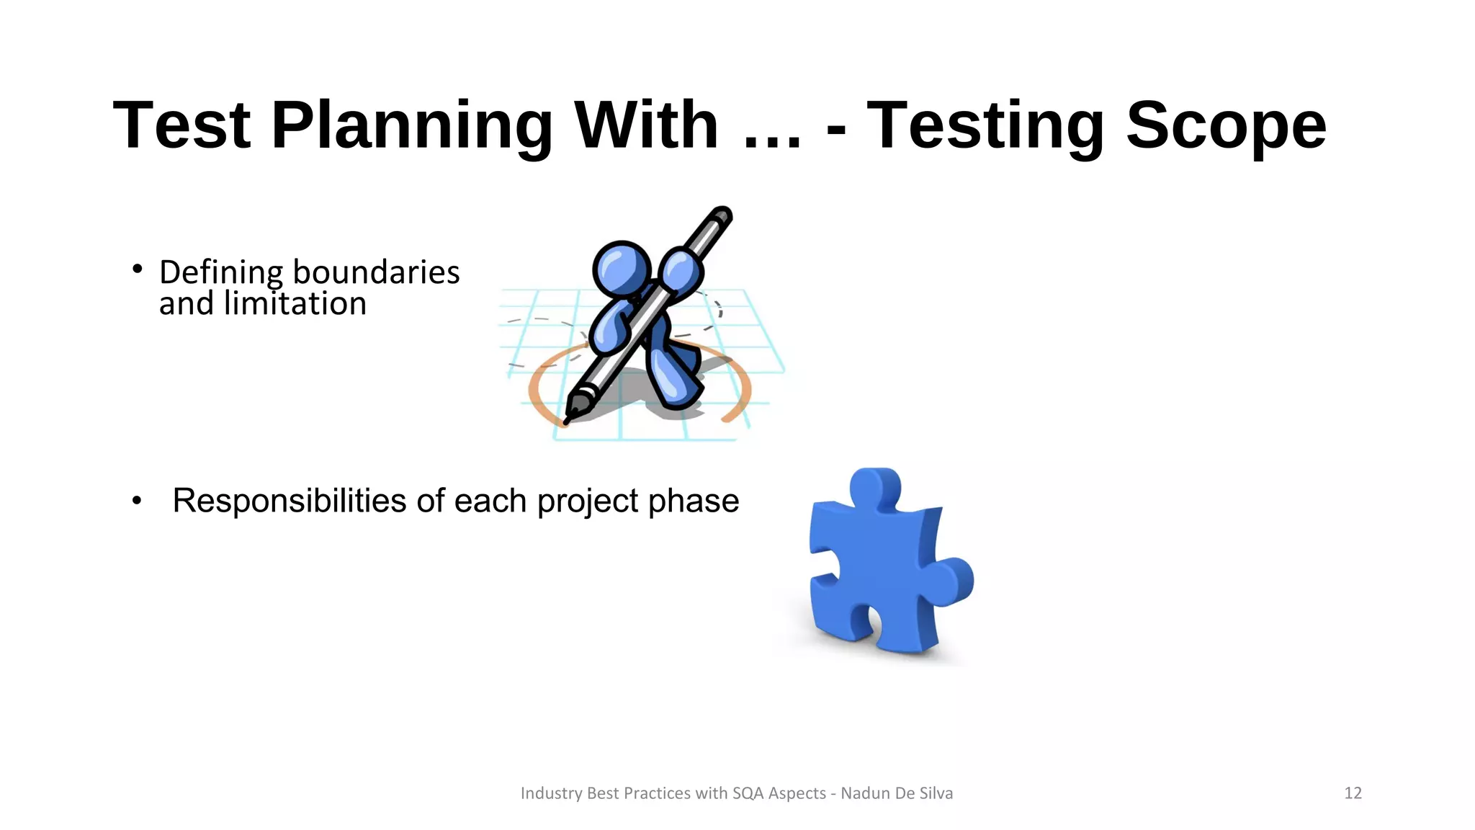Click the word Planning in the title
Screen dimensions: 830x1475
[411, 126]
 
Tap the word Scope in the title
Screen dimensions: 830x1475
[1226, 126]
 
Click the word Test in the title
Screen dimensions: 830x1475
[181, 126]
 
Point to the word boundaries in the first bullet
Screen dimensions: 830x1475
[376, 272]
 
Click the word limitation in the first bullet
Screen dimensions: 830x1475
[295, 304]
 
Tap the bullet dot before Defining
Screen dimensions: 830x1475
[137, 269]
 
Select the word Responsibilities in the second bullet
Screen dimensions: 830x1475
[289, 501]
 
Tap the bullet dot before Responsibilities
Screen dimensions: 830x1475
[137, 501]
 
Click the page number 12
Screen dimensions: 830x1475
[1353, 793]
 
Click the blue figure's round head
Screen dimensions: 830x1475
[621, 267]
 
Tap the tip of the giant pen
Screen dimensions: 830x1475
[568, 419]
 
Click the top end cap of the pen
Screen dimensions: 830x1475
[722, 214]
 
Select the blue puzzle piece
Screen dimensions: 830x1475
[879, 569]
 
